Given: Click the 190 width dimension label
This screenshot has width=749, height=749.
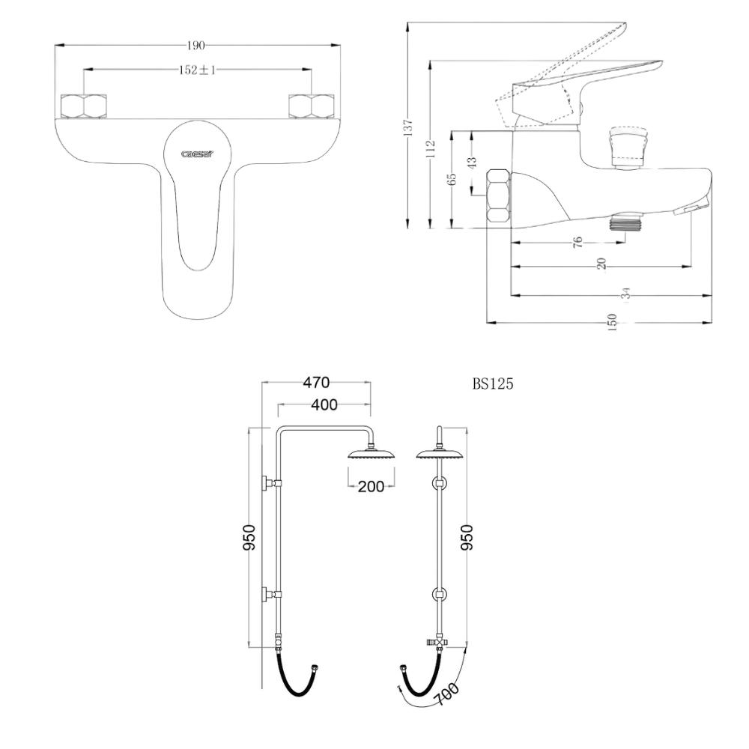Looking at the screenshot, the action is coord(195,46).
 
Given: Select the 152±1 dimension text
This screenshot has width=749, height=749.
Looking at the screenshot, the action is coord(197,70).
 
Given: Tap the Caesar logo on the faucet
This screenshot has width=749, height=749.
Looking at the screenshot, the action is coord(197,154).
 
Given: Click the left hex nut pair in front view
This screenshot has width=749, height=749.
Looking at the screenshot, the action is coord(84,106).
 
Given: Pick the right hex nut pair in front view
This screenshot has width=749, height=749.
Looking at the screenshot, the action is coord(312,106).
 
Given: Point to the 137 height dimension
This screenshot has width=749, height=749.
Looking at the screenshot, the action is coord(408,127).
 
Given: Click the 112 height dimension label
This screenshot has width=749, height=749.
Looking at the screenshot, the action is coord(431,149).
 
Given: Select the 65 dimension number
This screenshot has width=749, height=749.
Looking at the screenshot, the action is coord(452,179).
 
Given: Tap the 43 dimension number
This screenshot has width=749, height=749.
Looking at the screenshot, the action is coord(472,163).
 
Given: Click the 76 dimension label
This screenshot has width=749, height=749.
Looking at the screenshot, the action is coord(578,242).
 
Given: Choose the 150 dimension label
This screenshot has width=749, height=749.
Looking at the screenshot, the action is coord(612,322).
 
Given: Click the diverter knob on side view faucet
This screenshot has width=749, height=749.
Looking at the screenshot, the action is coord(628,147).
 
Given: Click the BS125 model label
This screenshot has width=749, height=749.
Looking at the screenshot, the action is coord(493,384).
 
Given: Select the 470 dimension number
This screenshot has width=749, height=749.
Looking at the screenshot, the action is coord(316,382).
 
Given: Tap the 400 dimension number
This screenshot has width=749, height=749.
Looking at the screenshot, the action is coord(324,404).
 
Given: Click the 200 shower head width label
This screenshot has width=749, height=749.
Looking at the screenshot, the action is coord(372,486).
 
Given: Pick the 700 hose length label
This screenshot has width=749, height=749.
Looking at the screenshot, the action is coord(446,694).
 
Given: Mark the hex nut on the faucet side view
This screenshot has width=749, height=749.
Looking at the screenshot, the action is coord(499,195).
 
